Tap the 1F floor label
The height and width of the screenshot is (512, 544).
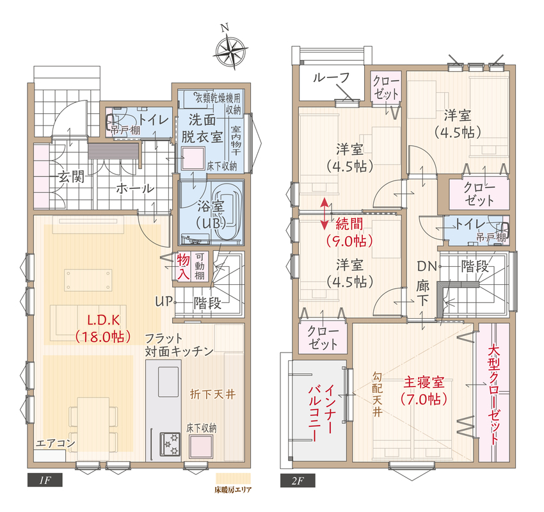click(45, 480)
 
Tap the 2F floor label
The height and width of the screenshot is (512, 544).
click(298, 481)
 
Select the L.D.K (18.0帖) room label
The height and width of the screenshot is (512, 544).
click(103, 328)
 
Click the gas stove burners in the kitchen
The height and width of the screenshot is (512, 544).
click(170, 444)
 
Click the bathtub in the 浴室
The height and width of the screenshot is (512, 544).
click(225, 211)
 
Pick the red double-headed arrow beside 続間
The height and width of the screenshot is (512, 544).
click(324, 214)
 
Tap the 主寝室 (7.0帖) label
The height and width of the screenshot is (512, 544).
click(424, 391)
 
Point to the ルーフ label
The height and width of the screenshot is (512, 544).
click(331, 77)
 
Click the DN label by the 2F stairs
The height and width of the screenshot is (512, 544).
click(427, 266)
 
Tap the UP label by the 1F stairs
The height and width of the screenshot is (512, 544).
click(163, 301)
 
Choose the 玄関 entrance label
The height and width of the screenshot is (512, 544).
click(71, 177)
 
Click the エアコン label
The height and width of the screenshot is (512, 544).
click(56, 443)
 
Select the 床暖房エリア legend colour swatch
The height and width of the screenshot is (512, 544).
click(233, 478)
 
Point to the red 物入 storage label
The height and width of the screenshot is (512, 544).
click(183, 266)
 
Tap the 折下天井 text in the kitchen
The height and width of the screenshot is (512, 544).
click(212, 394)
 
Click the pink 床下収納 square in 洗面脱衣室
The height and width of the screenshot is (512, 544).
click(193, 158)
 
